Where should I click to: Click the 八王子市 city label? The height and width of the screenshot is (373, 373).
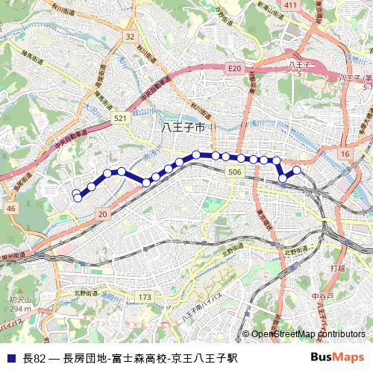point(183,128)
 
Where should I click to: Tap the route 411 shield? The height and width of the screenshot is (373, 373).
point(290,6)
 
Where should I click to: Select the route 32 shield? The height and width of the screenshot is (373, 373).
point(131,37)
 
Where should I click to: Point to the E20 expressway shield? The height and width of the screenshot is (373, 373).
point(235,69)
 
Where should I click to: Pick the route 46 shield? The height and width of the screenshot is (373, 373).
point(10,210)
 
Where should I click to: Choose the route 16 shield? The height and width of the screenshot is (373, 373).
point(345,154)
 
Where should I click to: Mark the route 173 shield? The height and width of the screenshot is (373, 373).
point(145,298)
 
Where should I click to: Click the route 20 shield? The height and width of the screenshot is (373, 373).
point(103,215)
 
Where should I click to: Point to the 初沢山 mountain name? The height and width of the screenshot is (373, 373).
point(20,300)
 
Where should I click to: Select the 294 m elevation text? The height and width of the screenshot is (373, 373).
point(20,309)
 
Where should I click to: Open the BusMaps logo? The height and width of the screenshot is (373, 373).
point(337,357)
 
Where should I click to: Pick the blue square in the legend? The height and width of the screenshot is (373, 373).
point(10,357)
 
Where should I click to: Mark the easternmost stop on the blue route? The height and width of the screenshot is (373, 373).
point(297,170)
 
